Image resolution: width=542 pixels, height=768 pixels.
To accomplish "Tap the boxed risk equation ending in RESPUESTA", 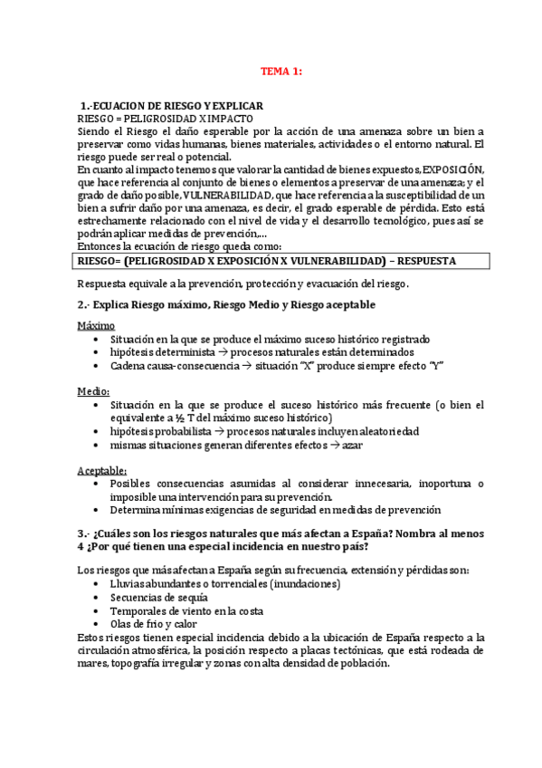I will coord(268,261).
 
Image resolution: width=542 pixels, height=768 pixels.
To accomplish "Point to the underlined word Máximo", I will coord(96,325).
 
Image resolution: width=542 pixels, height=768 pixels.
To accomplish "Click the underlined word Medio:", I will coord(93,390).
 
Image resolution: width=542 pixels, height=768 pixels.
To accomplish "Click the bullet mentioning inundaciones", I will coord(213,584).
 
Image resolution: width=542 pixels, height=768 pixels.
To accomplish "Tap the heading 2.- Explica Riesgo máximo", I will coord(226,304).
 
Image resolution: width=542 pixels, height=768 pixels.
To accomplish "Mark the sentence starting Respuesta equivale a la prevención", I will coord(243,283).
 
